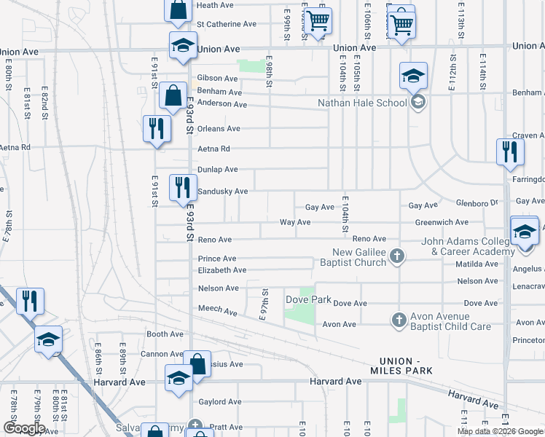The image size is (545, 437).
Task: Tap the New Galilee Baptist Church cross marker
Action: pyautogui.click(x=397, y=256)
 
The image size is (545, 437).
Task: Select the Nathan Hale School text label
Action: pyautogui.click(x=362, y=103)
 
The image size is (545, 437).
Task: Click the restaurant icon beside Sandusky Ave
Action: pyautogui.click(x=183, y=187)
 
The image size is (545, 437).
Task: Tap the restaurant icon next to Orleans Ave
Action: pyautogui.click(x=157, y=129)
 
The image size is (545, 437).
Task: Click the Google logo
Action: pyautogui.click(x=23, y=428)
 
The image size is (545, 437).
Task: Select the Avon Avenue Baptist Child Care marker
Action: pyautogui.click(x=399, y=320)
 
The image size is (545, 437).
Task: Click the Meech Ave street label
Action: pyautogui.click(x=218, y=312)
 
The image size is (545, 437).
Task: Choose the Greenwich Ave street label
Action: pyautogui.click(x=442, y=222)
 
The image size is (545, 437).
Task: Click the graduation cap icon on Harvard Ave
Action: pyautogui.click(x=179, y=378)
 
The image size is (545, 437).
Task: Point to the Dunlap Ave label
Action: pyautogui.click(x=218, y=170)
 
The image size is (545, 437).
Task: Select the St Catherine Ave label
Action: pyautogui.click(x=226, y=24)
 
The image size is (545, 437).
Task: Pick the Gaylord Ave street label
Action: pyautogui.click(x=219, y=402)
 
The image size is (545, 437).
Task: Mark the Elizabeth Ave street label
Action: pyautogui.click(x=222, y=270)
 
